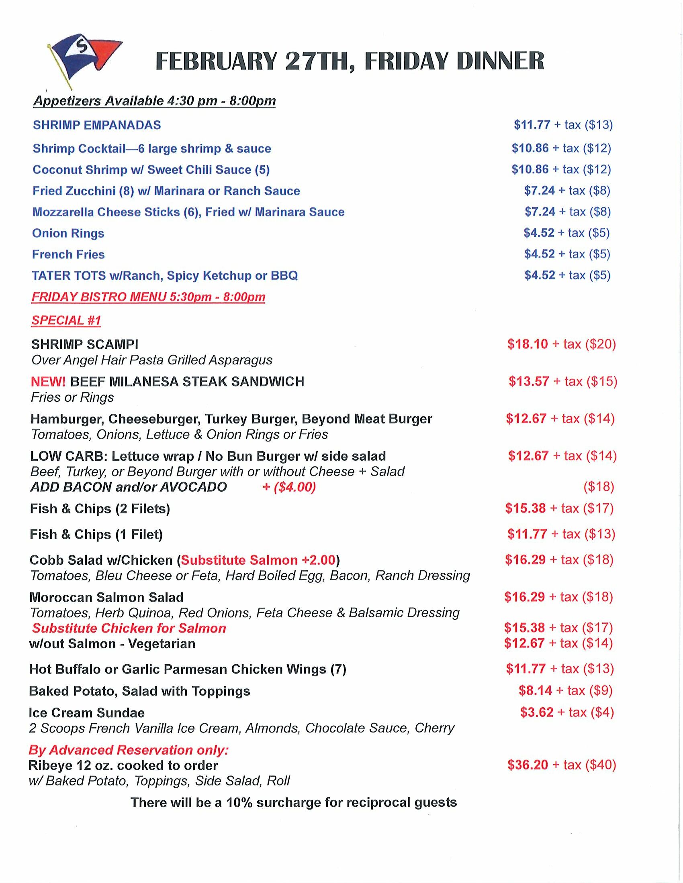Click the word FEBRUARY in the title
coord(216,62)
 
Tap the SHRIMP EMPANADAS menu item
coord(97,125)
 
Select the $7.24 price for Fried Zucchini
coord(539,190)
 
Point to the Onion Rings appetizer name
coord(68,233)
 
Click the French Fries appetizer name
coord(68,254)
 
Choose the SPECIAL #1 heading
coord(66,320)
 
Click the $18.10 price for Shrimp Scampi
coord(528,344)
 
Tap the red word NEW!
coord(48,381)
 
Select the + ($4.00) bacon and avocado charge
coord(289,487)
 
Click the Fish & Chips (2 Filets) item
coord(100,509)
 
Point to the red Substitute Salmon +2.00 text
coord(258,560)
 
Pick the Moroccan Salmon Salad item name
coord(106,597)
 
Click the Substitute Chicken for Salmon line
coord(129,628)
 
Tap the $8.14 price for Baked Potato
coord(535,691)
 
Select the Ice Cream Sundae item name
coord(87,712)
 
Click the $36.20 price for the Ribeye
coord(528,765)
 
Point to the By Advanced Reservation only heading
coord(129,750)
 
